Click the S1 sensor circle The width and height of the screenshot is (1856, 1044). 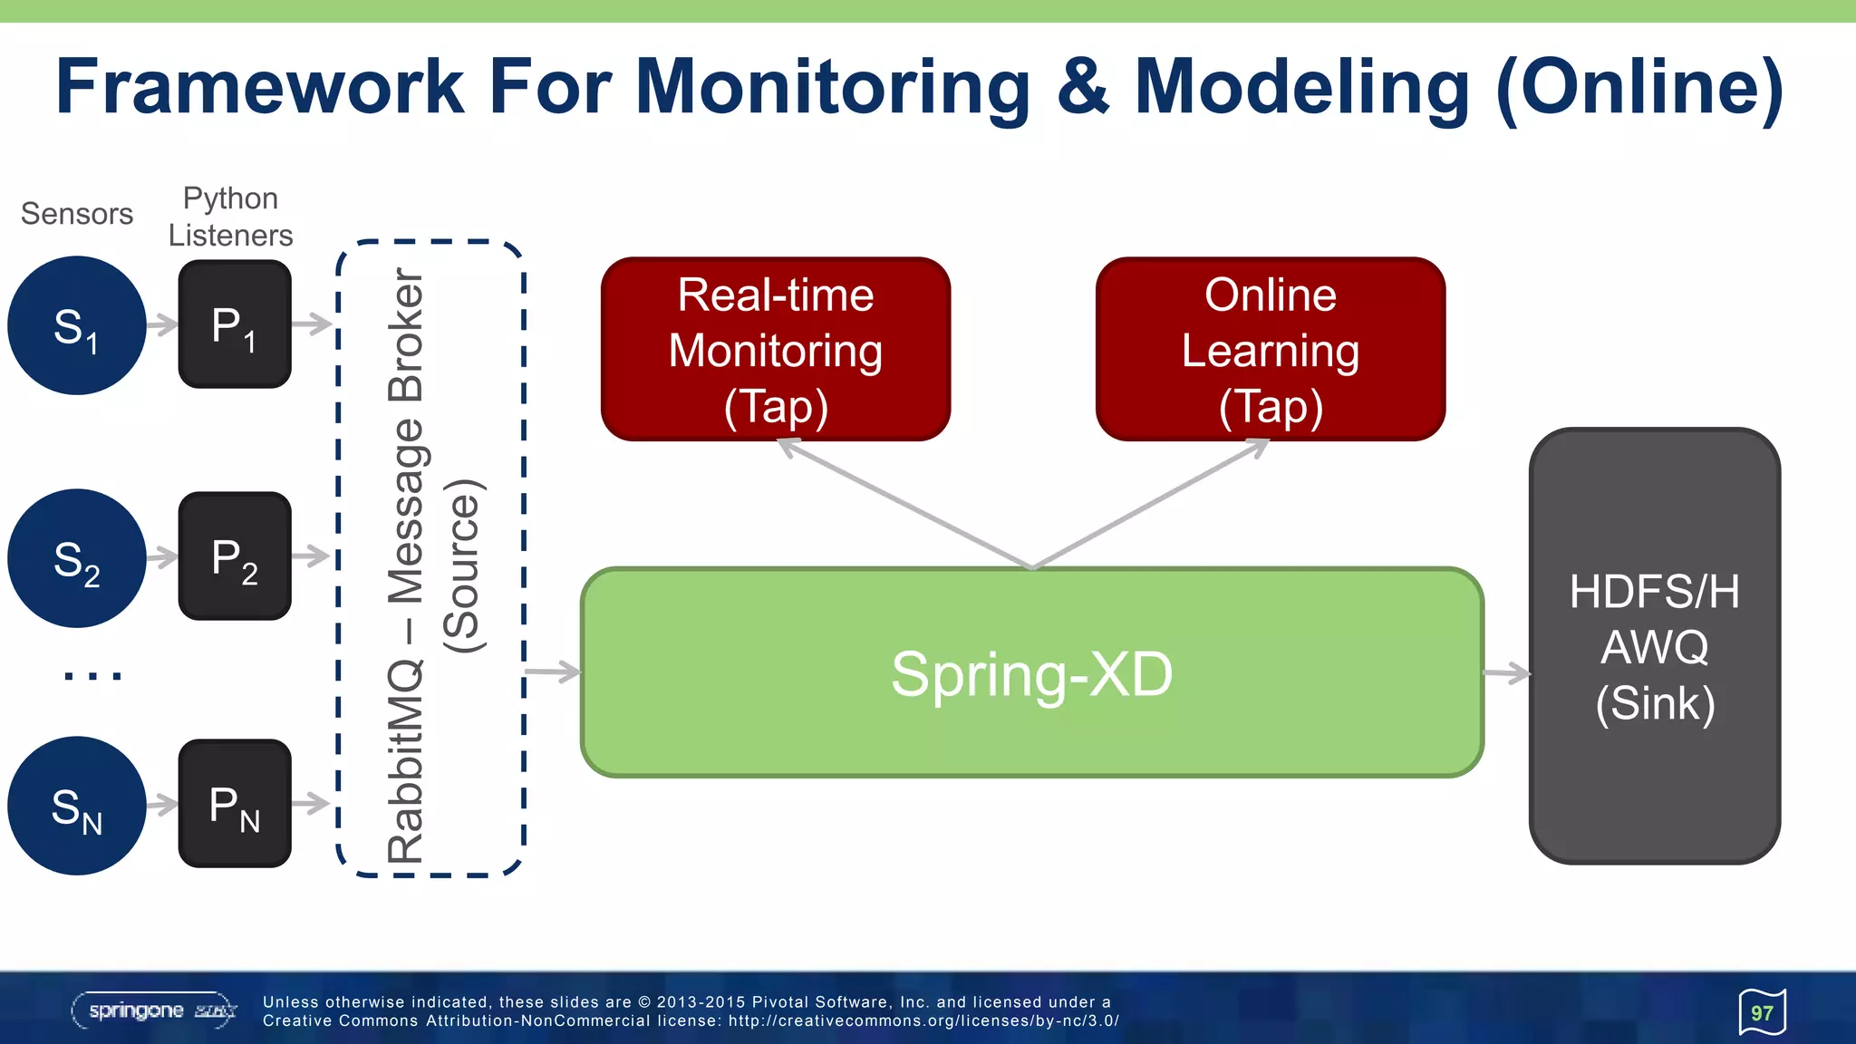(77, 325)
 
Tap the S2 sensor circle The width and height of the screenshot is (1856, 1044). (77, 558)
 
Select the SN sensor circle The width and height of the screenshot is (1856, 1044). (77, 806)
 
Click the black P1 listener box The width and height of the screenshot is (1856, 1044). (235, 324)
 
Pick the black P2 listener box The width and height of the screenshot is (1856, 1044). (235, 556)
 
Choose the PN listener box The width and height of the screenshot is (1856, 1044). (235, 804)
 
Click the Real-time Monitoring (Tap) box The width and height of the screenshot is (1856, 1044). (776, 350)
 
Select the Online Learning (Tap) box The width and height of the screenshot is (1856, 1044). (1271, 350)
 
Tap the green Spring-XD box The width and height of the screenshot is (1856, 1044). (1031, 673)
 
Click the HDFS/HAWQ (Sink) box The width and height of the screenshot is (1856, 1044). (1655, 646)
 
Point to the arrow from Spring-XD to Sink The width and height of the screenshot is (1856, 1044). (1507, 673)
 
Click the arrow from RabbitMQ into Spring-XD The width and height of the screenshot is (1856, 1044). (553, 672)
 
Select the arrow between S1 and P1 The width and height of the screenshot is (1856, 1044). (163, 324)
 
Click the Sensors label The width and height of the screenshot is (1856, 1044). (77, 214)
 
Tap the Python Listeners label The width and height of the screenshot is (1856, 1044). (230, 217)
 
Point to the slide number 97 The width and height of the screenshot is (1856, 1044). (1762, 1013)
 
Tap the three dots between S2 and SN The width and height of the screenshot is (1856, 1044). (92, 675)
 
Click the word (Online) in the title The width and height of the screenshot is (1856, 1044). (1639, 87)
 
